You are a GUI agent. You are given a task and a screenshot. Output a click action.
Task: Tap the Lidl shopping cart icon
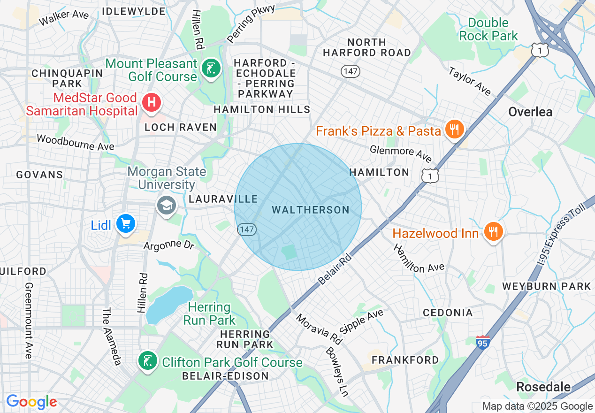(125, 224)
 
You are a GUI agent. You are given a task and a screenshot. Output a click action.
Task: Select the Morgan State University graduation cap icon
(166, 206)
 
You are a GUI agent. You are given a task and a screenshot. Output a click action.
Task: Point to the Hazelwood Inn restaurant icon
(493, 231)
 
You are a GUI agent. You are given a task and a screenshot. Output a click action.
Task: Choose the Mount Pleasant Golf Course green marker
(211, 69)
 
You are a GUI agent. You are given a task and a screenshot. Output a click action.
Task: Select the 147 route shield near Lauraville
(246, 229)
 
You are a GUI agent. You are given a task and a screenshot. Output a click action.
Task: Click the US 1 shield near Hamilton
(430, 175)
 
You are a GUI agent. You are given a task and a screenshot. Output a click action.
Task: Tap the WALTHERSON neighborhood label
(311, 210)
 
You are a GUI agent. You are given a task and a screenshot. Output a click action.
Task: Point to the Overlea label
(530, 112)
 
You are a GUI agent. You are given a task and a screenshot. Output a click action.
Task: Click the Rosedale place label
(543, 387)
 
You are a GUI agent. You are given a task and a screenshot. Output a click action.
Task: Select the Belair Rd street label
(335, 267)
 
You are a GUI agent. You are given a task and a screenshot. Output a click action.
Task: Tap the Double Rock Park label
(488, 29)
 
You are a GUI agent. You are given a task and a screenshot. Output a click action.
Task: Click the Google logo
(31, 402)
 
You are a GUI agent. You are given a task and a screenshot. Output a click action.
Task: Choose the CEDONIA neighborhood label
(448, 313)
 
